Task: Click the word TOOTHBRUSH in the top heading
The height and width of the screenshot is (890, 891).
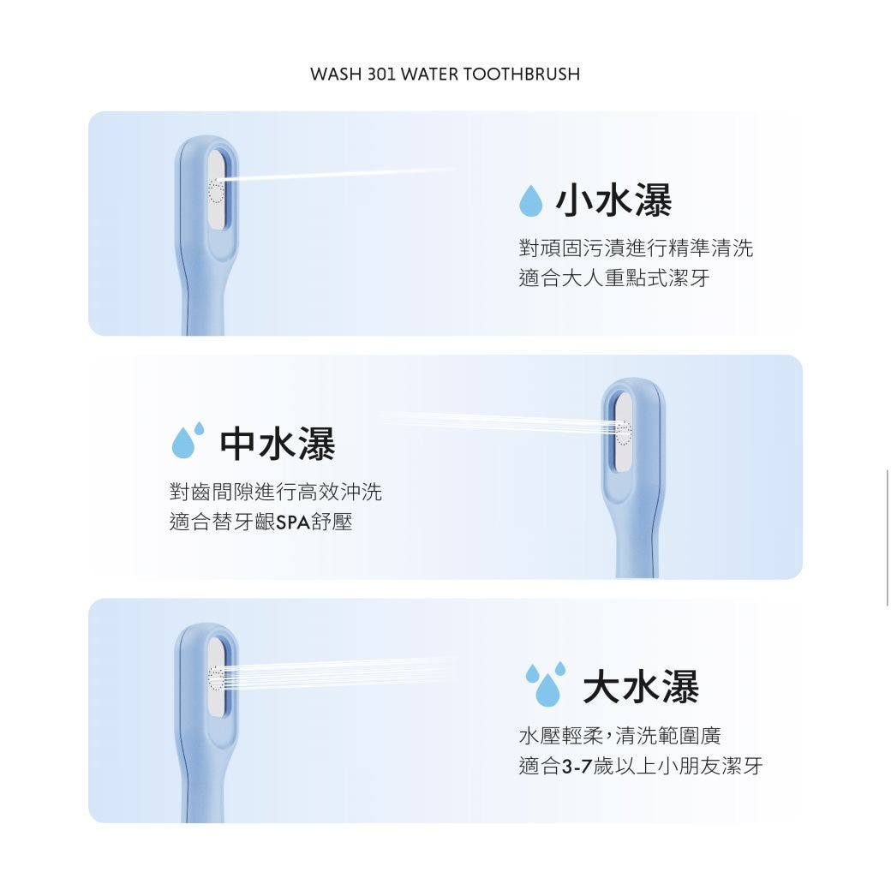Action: (522, 75)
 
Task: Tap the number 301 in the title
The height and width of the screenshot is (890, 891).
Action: (382, 75)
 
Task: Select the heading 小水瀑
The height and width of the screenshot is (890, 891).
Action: (613, 200)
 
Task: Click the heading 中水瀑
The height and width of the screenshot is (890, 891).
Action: (278, 444)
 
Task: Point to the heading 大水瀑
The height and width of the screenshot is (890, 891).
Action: (641, 686)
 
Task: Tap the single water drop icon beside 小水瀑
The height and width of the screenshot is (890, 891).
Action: (531, 200)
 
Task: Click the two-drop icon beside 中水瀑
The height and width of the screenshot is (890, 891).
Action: (188, 440)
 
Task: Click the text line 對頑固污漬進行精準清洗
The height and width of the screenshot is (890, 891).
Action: (636, 248)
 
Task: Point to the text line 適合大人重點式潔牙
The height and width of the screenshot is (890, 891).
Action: (614, 278)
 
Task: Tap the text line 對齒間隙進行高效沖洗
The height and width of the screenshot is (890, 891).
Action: (276, 492)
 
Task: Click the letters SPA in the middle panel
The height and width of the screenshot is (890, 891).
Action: (293, 522)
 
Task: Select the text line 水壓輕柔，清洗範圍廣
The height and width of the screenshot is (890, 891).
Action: (620, 736)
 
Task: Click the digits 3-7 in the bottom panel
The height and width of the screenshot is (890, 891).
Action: (577, 767)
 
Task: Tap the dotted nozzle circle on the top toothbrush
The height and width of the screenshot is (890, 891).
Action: (217, 190)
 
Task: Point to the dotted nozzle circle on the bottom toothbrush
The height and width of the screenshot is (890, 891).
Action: (217, 678)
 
